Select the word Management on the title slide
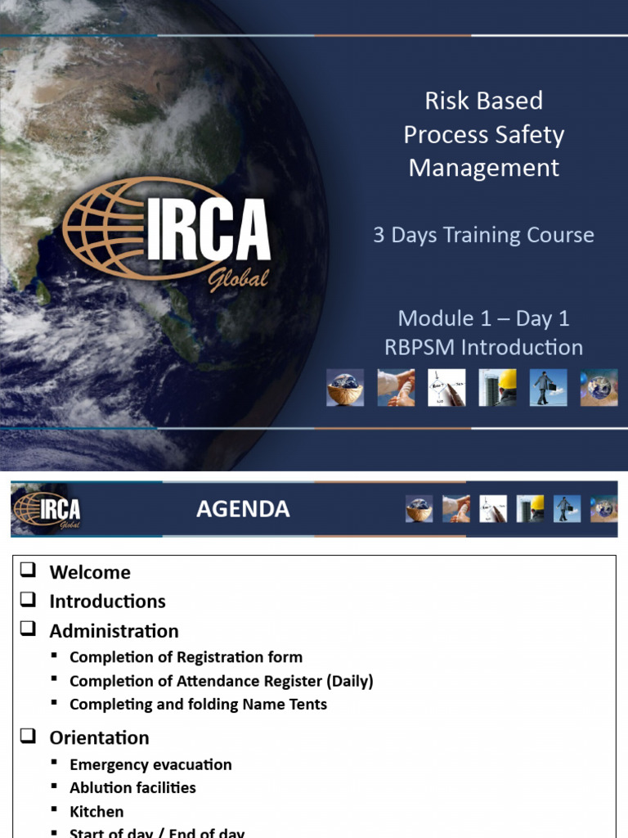coord(484,168)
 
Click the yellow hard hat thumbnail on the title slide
coord(498,387)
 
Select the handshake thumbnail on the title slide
coord(396,387)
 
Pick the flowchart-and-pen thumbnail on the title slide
coord(446,387)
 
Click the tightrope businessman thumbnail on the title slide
coord(549,387)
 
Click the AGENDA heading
coord(243,509)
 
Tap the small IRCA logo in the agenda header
coord(47,509)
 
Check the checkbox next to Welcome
coord(29,571)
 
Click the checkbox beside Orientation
coord(29,737)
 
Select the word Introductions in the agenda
coord(107,601)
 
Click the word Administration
coord(114,631)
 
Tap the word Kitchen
coord(96,812)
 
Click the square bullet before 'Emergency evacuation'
coord(54,763)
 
